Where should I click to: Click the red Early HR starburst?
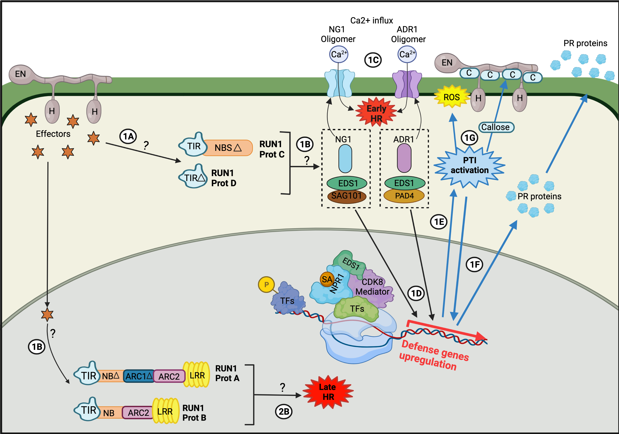coord(376,113)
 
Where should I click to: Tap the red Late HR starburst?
coord(328,392)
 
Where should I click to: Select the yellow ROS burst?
coord(452,97)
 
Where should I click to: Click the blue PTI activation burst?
coord(469,166)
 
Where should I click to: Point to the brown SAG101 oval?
coord(346,196)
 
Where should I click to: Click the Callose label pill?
coord(496,127)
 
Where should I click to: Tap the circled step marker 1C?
coord(373,60)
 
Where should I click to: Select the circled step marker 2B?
coord(284,412)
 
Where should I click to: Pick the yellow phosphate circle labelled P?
coord(266,284)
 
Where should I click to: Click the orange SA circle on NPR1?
coord(327,279)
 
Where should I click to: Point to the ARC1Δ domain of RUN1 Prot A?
coord(139,376)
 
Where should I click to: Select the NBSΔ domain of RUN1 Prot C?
coord(228,148)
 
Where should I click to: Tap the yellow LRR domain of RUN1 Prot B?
coord(165,411)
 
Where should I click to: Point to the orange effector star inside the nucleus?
coord(47,314)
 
